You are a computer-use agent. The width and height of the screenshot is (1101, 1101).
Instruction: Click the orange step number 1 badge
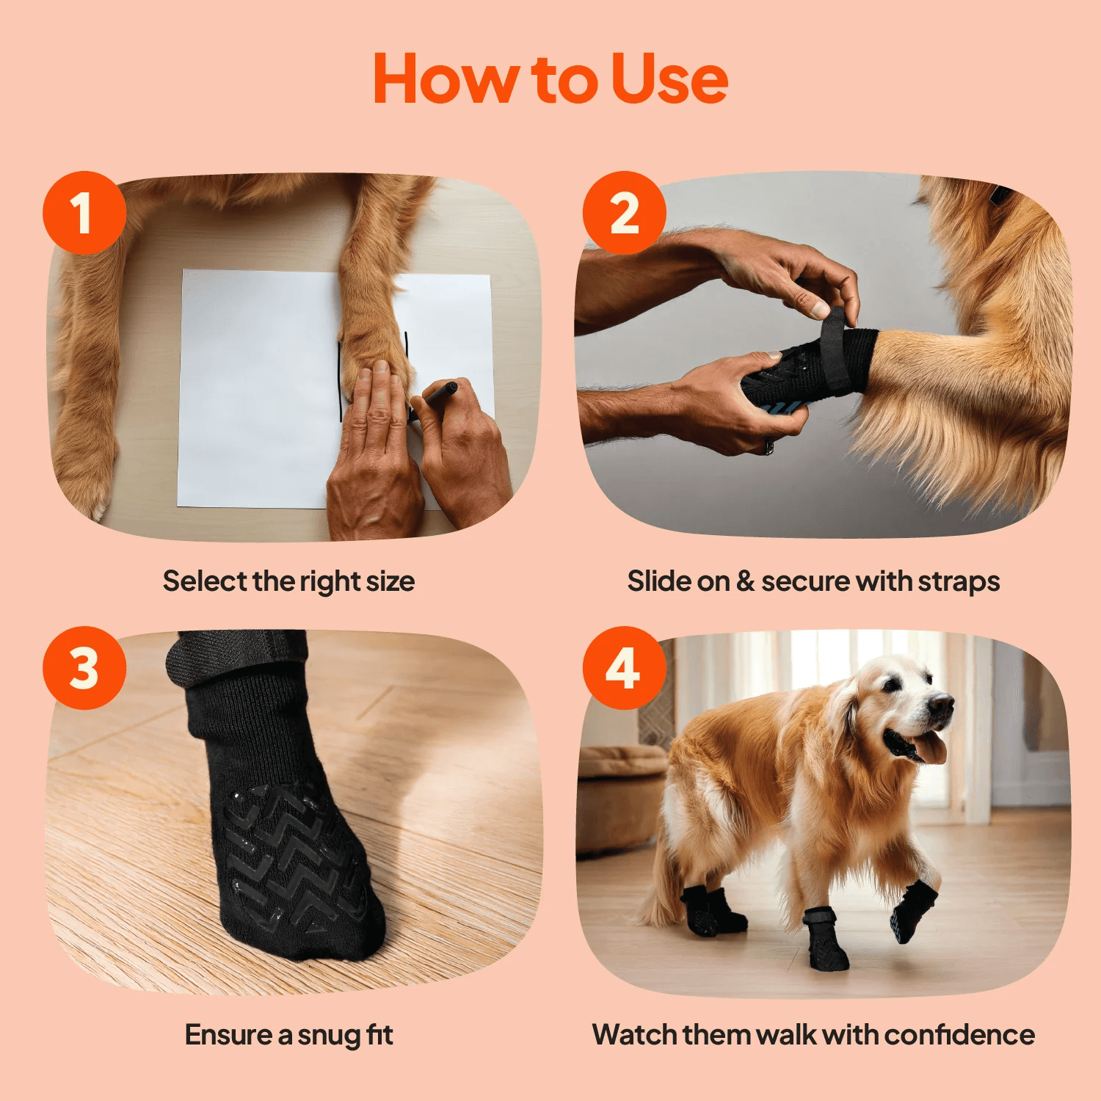84,213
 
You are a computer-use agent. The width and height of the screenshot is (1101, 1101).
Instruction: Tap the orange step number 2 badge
625,213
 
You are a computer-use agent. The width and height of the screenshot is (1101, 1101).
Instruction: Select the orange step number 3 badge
84,668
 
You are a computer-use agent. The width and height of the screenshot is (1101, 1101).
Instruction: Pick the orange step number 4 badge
625,668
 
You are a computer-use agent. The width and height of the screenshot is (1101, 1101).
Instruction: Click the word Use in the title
669,79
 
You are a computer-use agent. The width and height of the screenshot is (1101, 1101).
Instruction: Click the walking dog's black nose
942,704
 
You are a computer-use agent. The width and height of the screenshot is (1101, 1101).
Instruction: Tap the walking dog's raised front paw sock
914,910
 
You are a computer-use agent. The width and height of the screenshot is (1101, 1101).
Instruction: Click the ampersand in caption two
746,581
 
